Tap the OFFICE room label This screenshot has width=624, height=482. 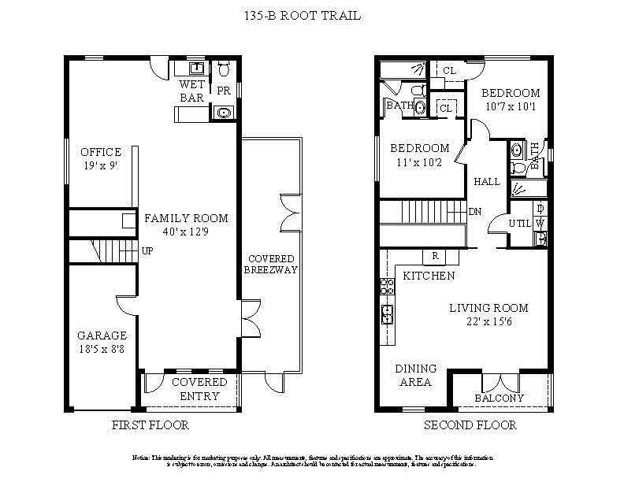101,152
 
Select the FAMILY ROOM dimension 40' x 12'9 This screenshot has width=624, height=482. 186,232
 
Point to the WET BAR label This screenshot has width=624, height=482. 192,91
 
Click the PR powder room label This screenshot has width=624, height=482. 224,91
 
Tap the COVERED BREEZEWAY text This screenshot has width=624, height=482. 272,265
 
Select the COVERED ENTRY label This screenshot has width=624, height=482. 199,388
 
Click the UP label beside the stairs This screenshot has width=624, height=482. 147,251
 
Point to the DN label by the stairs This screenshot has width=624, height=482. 475,212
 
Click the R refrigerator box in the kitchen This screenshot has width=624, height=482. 435,256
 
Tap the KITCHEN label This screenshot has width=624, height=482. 429,276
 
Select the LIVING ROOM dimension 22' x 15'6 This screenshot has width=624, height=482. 488,321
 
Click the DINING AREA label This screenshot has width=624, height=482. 414,375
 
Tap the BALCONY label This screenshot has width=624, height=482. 499,398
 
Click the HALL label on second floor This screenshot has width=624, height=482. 487,182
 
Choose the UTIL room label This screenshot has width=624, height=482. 521,224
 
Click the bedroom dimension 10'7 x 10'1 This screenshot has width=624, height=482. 511,106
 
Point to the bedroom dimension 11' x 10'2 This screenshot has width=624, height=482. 421,163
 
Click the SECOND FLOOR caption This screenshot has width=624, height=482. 470,425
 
